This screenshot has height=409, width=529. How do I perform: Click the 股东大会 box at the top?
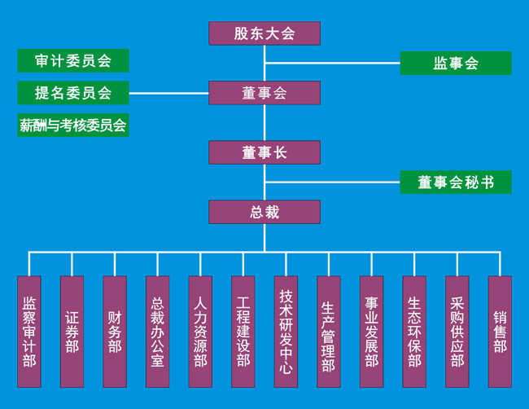click(x=264, y=33)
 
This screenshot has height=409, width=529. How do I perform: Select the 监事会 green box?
click(x=456, y=64)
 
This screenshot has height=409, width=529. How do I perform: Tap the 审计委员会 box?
click(x=73, y=61)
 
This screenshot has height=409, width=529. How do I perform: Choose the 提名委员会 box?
click(x=73, y=93)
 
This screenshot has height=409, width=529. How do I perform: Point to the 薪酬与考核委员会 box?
click(x=73, y=125)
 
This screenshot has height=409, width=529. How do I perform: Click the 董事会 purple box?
click(x=264, y=93)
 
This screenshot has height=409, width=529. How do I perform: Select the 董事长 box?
click(x=264, y=152)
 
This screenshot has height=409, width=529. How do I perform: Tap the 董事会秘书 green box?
click(x=456, y=183)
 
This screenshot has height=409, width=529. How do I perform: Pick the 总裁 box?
click(x=264, y=212)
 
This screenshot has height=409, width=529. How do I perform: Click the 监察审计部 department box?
click(x=29, y=332)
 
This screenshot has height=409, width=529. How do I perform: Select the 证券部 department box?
click(x=72, y=332)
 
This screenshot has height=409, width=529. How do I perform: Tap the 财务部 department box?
click(x=115, y=332)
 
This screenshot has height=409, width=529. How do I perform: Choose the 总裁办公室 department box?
click(x=158, y=332)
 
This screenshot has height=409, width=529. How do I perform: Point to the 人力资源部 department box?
click(x=200, y=332)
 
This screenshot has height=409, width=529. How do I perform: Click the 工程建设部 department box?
click(x=243, y=332)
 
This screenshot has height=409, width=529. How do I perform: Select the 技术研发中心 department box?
click(x=286, y=332)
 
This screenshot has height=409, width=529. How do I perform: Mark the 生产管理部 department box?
click(x=329, y=332)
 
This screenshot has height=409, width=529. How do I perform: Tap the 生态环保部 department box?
click(x=414, y=332)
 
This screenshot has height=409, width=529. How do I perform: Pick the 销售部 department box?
click(x=500, y=332)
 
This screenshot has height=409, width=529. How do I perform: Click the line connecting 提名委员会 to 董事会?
click(x=168, y=93)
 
